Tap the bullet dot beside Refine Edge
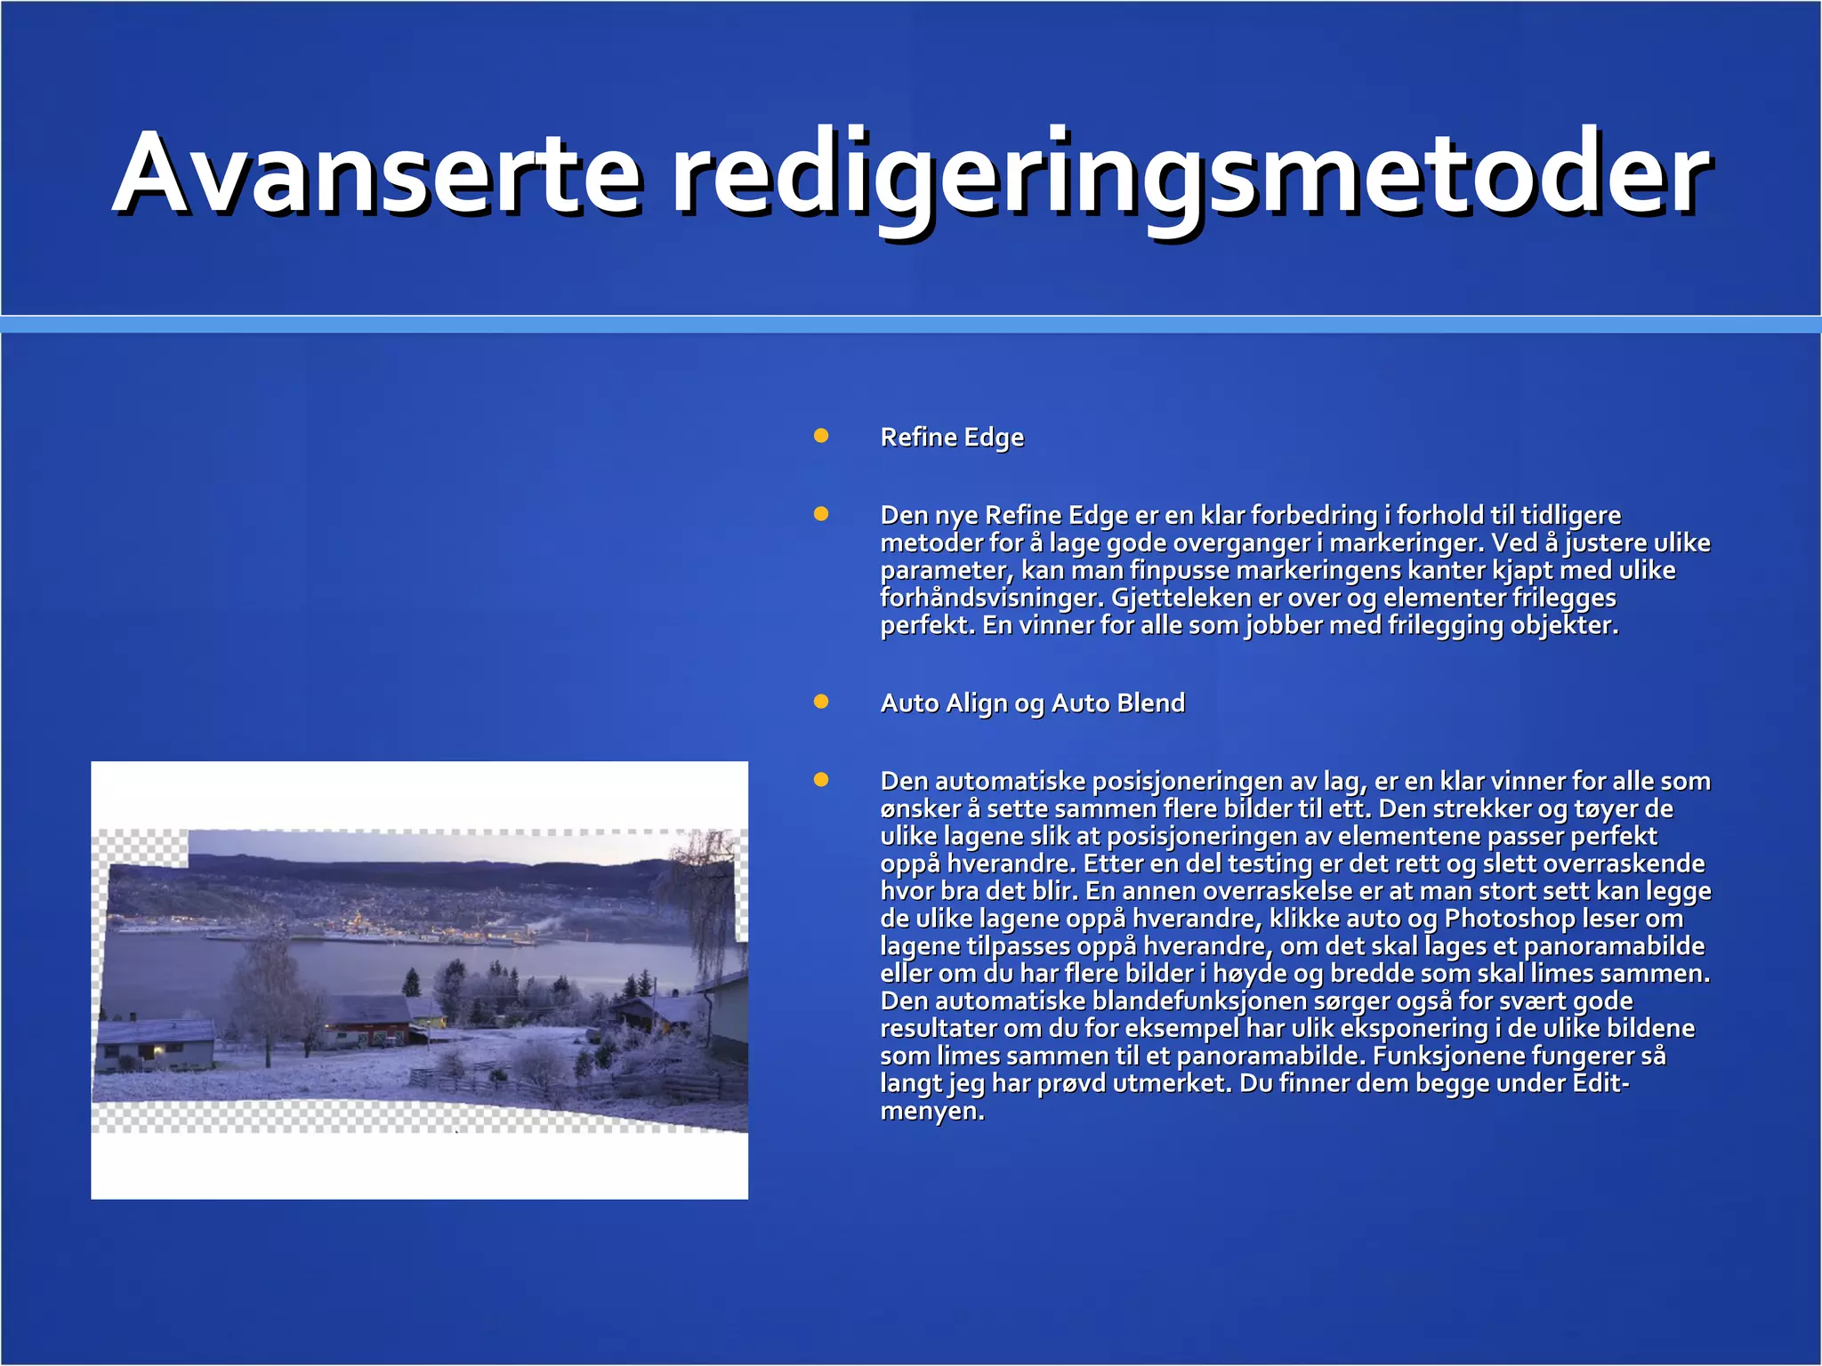(821, 436)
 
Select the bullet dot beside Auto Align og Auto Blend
(821, 702)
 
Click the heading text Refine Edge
(952, 438)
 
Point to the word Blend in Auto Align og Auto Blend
(1152, 703)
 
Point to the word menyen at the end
(931, 1112)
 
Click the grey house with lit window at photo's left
(157, 1044)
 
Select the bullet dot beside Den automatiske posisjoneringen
(821, 780)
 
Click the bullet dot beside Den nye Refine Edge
(821, 514)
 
